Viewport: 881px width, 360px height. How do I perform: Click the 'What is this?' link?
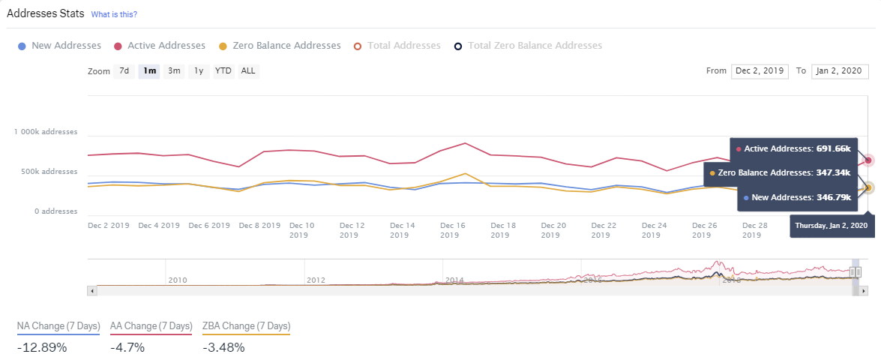coord(114,14)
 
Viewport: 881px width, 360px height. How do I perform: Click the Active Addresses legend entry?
coord(160,46)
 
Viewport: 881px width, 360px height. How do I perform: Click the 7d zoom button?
coord(124,71)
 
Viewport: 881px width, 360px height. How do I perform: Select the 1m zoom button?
coord(149,71)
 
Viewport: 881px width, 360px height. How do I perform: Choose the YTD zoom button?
coord(223,71)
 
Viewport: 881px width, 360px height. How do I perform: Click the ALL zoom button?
coord(247,71)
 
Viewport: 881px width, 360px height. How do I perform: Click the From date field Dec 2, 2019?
coord(760,71)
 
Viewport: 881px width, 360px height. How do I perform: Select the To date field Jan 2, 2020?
coord(840,71)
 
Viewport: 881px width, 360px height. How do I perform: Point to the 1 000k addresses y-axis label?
coord(45,132)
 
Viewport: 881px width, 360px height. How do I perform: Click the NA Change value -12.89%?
coord(42,347)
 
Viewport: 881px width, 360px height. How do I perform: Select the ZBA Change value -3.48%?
coord(223,347)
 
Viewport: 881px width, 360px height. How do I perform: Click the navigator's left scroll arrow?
coord(92,289)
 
